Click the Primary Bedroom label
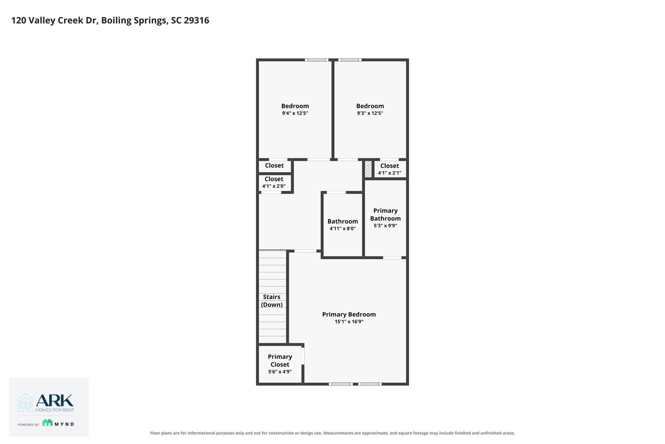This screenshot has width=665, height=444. [x=349, y=314]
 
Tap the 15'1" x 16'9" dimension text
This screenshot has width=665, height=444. [x=349, y=322]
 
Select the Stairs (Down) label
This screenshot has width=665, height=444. [x=272, y=301]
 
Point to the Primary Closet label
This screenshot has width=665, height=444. [x=280, y=360]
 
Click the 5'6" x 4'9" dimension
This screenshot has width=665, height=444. [x=280, y=372]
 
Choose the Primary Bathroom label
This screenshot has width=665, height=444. [x=385, y=214]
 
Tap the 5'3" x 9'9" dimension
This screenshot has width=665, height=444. [x=385, y=225]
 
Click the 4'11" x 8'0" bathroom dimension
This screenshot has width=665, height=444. [x=343, y=229]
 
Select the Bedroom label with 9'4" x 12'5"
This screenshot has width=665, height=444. [x=295, y=106]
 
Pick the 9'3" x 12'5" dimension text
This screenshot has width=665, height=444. [x=370, y=113]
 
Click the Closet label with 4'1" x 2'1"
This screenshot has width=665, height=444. [x=390, y=166]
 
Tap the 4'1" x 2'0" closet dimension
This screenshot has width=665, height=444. [x=274, y=186]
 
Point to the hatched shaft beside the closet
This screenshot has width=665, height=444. [x=368, y=169]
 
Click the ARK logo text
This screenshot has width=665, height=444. [x=55, y=400]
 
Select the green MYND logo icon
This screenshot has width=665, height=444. [x=47, y=422]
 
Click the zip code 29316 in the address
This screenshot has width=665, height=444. [x=196, y=20]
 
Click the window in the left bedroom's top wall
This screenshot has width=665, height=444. [x=317, y=60]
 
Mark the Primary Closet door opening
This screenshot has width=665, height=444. [x=303, y=356]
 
